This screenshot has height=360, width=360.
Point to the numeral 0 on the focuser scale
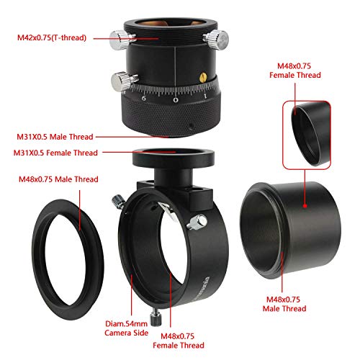click(177, 100)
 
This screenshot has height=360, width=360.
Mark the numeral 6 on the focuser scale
click(144, 99)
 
